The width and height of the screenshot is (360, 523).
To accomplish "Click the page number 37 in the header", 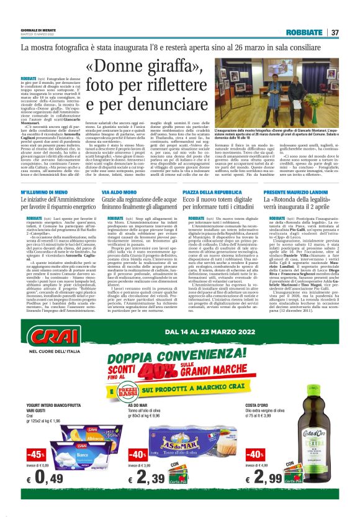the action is point(334,32).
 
